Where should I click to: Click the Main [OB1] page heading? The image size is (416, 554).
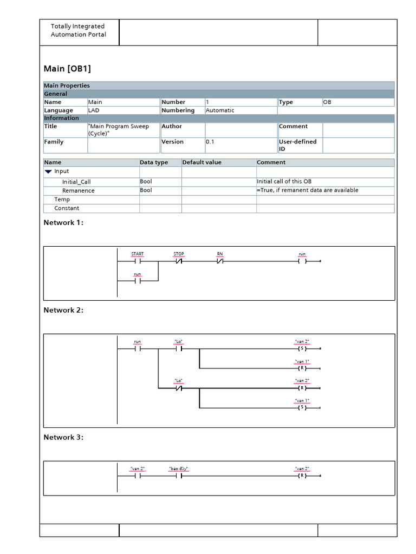(x=67, y=69)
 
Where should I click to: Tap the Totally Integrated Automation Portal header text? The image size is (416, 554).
(x=78, y=30)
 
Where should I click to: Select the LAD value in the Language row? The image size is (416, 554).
(x=94, y=110)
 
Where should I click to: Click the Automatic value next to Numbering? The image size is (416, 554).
(x=220, y=110)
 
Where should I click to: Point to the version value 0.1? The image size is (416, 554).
(x=210, y=142)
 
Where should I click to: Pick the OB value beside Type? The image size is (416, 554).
(x=328, y=102)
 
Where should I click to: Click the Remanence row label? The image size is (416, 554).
(x=78, y=190)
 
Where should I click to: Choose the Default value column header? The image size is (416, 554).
(x=201, y=162)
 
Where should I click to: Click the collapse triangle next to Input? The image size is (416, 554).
(x=49, y=172)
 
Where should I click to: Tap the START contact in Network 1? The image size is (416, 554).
(x=138, y=261)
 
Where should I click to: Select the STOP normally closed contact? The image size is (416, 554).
(x=178, y=261)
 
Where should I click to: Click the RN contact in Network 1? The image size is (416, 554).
(x=220, y=261)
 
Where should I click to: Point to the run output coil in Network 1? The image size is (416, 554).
(x=302, y=261)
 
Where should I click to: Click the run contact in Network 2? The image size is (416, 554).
(x=138, y=348)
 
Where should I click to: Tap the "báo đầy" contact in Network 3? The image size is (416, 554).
(x=178, y=476)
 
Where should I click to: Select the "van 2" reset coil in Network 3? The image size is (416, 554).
(x=302, y=476)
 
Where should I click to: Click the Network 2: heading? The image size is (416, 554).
(x=63, y=310)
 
